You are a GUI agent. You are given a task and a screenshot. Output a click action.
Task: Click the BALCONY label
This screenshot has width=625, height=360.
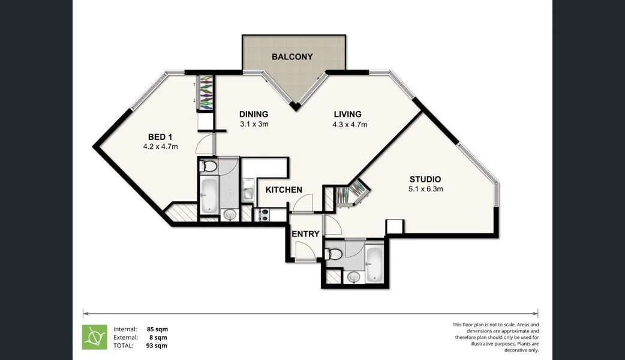click(x=292, y=57)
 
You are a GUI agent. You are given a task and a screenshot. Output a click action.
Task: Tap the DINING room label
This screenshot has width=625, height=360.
click(x=253, y=114)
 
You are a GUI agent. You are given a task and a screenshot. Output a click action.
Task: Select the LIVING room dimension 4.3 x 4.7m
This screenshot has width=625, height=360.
click(x=350, y=125)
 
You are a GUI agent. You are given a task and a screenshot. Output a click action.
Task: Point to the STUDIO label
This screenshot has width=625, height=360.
click(x=425, y=179)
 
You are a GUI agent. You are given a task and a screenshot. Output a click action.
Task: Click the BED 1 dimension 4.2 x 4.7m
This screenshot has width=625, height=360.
click(x=160, y=146)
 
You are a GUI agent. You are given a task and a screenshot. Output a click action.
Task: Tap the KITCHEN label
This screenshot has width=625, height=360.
click(x=284, y=190)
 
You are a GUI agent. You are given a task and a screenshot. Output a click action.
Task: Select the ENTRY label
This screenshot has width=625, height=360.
click(x=305, y=234)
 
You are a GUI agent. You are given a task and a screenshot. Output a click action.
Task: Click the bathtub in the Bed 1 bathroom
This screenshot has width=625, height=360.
click(x=208, y=195)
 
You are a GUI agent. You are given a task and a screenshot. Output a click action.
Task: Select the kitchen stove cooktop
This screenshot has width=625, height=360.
click(x=264, y=214)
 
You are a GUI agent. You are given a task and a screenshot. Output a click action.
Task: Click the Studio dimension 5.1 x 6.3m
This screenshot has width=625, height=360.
click(x=425, y=189)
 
